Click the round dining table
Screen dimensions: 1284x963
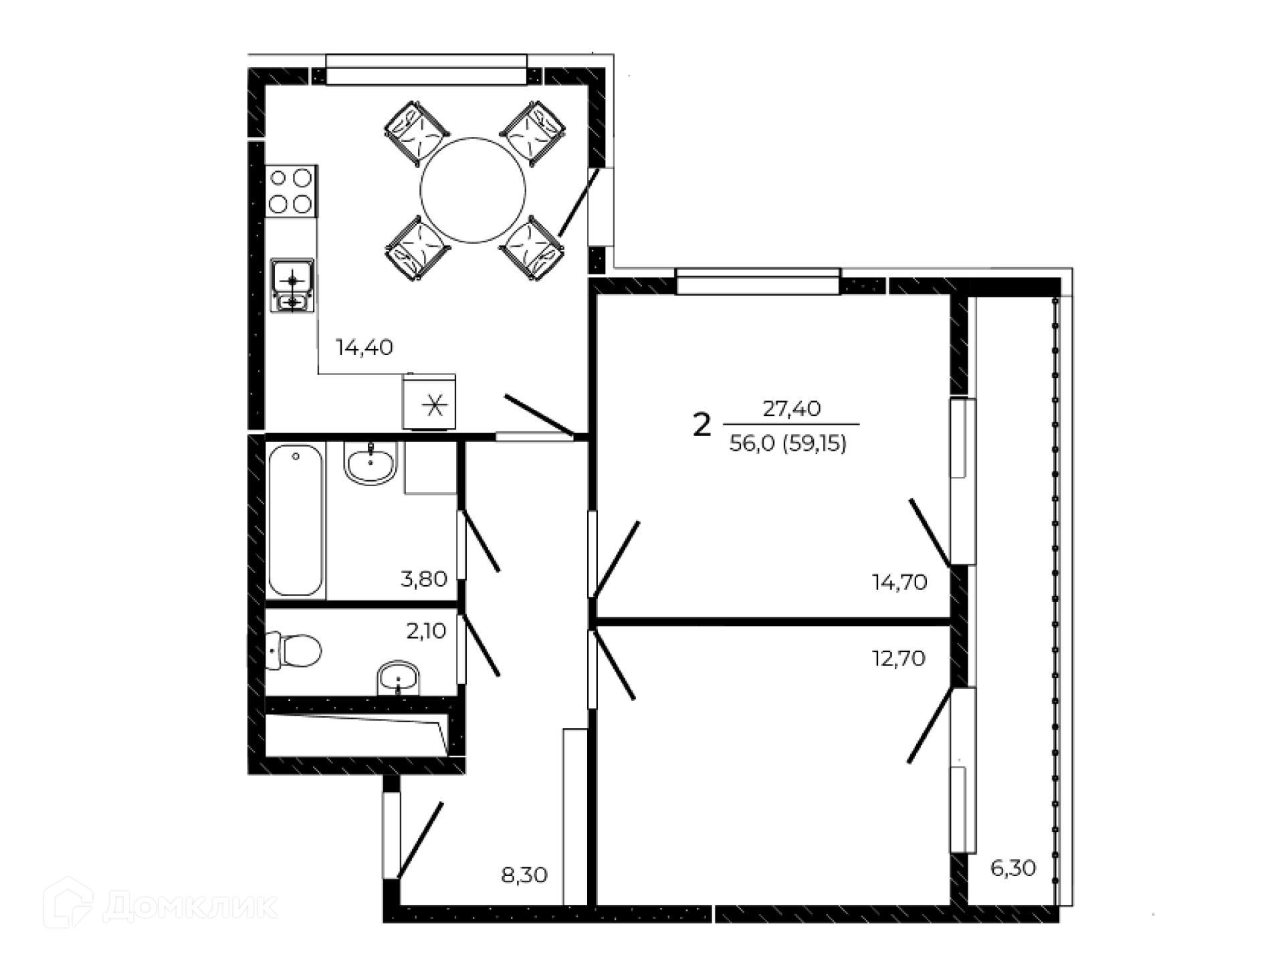tap(473, 191)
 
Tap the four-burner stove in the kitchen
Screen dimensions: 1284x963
tap(291, 191)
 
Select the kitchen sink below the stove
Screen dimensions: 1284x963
tap(292, 286)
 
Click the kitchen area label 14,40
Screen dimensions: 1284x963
tap(364, 347)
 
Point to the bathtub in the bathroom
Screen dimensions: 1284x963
tap(296, 520)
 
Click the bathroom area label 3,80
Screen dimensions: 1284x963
tap(423, 578)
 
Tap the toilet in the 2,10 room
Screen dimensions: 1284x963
tap(294, 650)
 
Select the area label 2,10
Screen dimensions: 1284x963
tap(426, 631)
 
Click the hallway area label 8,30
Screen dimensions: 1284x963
tap(524, 874)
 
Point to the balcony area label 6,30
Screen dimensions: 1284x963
tap(1013, 868)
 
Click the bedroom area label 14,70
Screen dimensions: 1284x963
tap(899, 582)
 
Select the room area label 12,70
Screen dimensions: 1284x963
tap(899, 659)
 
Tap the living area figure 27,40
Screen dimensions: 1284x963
tap(791, 408)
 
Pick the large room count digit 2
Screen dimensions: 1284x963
tap(702, 425)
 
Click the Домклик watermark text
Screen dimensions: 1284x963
tap(191, 907)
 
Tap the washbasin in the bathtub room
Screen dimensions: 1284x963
tap(370, 463)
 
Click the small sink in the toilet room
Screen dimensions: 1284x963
tap(398, 678)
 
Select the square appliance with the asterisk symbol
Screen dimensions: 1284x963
tap(429, 402)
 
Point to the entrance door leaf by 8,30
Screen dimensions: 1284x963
tap(420, 840)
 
